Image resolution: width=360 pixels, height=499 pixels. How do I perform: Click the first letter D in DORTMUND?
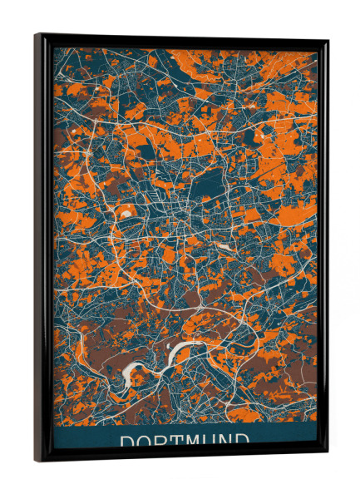coord(128,441)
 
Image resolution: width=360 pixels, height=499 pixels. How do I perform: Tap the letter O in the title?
coord(145,441)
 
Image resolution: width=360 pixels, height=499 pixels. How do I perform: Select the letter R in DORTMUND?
coord(162,441)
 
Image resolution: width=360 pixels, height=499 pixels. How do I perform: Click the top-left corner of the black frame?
coord(36,35)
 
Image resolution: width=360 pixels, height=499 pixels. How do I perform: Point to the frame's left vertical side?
coord(41,249)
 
